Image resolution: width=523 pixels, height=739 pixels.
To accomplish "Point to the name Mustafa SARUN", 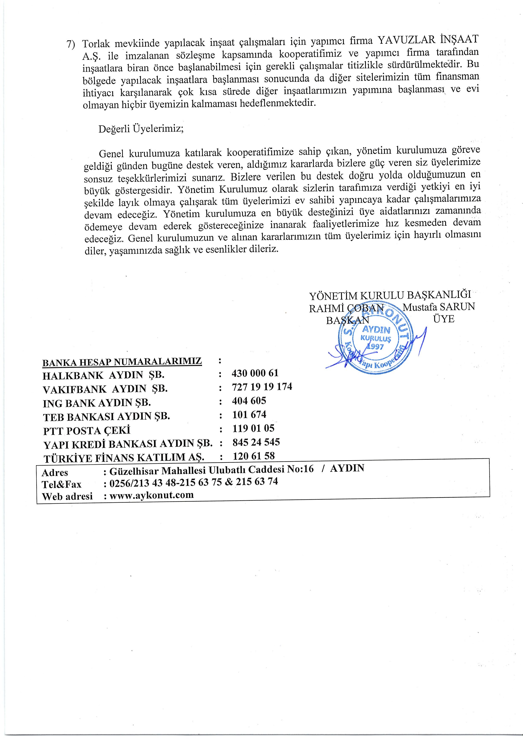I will click(439, 307).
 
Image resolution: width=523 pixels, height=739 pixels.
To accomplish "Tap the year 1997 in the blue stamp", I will click(375, 347).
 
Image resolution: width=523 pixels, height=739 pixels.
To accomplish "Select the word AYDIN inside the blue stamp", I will click(376, 330).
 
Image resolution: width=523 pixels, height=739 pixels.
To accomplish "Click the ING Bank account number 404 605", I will click(249, 401).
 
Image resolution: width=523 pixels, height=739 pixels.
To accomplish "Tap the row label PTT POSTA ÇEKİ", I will click(87, 430).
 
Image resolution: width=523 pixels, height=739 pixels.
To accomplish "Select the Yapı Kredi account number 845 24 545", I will click(256, 442).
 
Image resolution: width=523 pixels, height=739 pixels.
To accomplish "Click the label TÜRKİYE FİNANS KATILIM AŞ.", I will click(124, 458).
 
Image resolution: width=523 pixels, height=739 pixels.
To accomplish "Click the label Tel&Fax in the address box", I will click(62, 484).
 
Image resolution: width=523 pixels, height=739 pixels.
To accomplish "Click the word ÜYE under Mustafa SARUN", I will click(444, 319).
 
